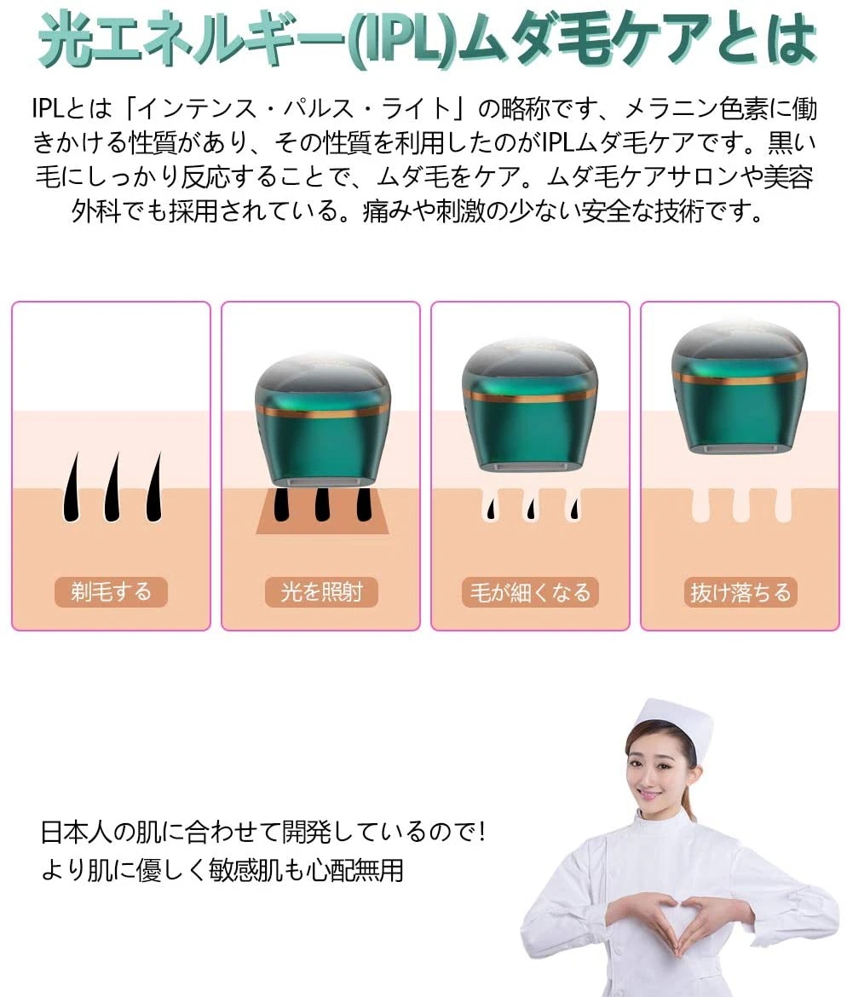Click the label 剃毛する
[x=111, y=592]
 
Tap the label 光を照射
[x=320, y=592]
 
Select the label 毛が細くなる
[x=530, y=592]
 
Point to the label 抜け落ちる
[x=740, y=592]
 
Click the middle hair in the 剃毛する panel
[x=111, y=487]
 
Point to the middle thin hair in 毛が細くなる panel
[x=530, y=508]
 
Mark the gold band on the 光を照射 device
[x=321, y=411]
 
